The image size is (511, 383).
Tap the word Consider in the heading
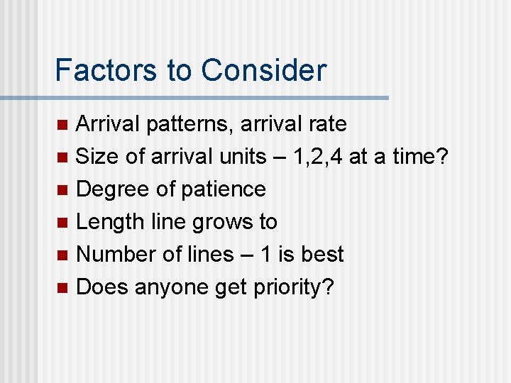click(263, 70)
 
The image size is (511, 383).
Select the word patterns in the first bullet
click(191, 125)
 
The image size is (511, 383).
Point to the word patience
click(223, 189)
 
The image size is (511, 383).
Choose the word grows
click(212, 222)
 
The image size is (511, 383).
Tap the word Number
click(115, 254)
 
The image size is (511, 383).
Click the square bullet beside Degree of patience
click(62, 190)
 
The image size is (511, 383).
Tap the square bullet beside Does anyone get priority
click(62, 288)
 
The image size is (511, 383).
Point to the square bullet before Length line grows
click(62, 223)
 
